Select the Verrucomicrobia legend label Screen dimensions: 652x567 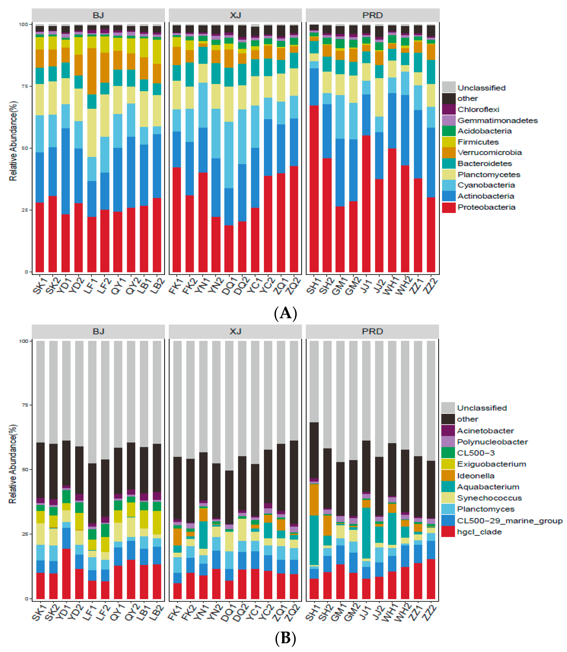(489, 153)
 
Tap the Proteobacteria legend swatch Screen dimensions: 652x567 (449, 207)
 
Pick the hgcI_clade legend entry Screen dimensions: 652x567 (479, 532)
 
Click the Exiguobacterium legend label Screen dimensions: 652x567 (491, 464)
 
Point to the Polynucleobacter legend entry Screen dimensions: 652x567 (492, 442)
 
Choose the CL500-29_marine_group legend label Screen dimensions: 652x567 (509, 521)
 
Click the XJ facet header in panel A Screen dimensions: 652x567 (235, 15)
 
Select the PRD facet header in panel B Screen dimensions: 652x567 (372, 331)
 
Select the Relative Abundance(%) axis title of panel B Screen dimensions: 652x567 (13, 464)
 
